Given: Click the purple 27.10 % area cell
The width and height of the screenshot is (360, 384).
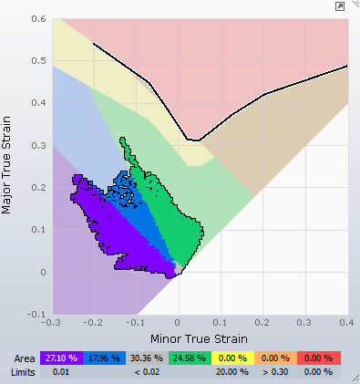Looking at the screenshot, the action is [x=61, y=358].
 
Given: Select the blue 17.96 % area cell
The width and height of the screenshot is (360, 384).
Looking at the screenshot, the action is [x=104, y=358].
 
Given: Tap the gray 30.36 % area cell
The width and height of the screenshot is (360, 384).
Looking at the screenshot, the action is [x=147, y=358].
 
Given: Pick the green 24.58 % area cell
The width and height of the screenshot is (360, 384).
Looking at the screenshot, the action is [x=190, y=358].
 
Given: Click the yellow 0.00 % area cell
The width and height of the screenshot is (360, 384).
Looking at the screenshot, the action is [x=232, y=358].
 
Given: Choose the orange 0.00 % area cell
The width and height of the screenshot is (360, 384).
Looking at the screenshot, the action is [x=275, y=358].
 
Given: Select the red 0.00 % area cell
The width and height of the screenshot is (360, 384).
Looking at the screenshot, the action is [x=319, y=358].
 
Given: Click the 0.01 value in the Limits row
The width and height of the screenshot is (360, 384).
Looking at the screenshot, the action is [x=61, y=372].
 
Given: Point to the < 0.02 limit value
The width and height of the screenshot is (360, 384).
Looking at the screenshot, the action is [x=147, y=372].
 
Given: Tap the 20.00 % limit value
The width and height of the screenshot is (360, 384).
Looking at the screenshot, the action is [x=232, y=372].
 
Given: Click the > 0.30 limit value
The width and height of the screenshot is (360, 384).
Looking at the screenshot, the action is [x=275, y=372].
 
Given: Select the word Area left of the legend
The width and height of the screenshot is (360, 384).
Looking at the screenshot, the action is [x=25, y=358].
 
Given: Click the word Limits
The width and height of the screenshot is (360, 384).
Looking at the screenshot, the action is [x=23, y=372].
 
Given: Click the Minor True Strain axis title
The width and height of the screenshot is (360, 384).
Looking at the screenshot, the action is [x=199, y=338].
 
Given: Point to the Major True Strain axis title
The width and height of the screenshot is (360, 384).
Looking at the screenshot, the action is [x=6, y=165].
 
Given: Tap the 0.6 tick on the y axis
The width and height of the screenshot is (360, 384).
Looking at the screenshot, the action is [x=38, y=19].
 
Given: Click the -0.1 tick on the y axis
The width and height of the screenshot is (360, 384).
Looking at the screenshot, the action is [x=36, y=314].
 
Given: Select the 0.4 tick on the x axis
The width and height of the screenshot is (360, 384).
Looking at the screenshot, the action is [x=346, y=322].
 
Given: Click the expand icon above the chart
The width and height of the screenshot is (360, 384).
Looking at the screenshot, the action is [x=340, y=6].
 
